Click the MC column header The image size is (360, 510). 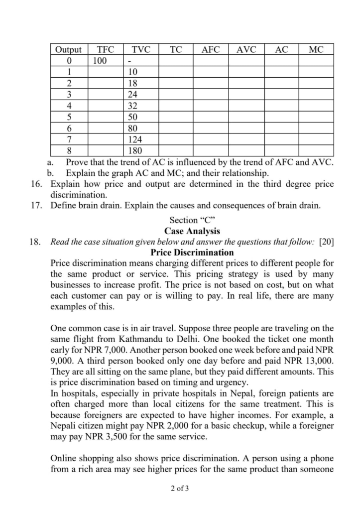[x=316, y=49]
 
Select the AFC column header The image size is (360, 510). [x=211, y=49]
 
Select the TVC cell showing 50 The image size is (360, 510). [x=133, y=117]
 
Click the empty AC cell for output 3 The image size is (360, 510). [x=281, y=94]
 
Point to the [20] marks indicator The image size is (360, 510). [x=326, y=242]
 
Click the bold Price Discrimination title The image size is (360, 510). [x=192, y=253]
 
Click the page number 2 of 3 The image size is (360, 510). [x=179, y=488]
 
